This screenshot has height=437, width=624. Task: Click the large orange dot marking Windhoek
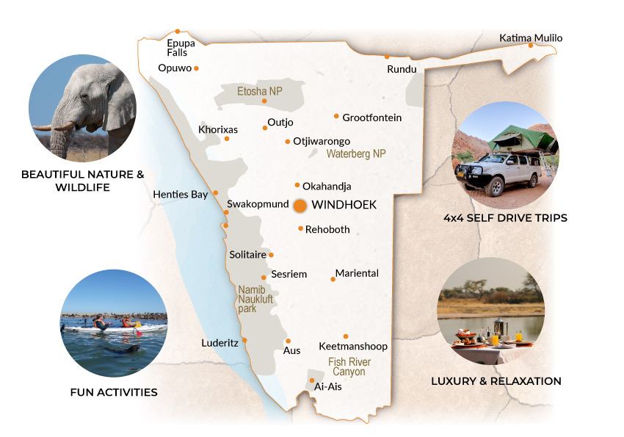tap(300, 206)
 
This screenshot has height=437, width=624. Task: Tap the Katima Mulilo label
tap(531, 37)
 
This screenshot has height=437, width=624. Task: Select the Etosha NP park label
tap(260, 92)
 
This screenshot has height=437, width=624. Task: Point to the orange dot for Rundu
tap(387, 57)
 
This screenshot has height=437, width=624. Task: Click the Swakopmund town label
tap(257, 204)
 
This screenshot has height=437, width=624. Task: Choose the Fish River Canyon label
tap(349, 367)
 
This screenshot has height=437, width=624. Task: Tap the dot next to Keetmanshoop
tap(346, 336)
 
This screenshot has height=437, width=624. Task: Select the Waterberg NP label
tap(355, 154)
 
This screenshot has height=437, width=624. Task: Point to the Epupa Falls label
tap(181, 48)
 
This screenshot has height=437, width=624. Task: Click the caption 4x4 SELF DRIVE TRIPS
tap(506, 218)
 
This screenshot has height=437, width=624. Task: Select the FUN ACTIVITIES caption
tap(114, 392)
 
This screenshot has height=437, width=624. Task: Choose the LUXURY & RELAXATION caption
tap(496, 381)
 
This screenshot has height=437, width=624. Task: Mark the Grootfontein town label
tap(372, 118)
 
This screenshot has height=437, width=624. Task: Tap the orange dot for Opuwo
tap(196, 68)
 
